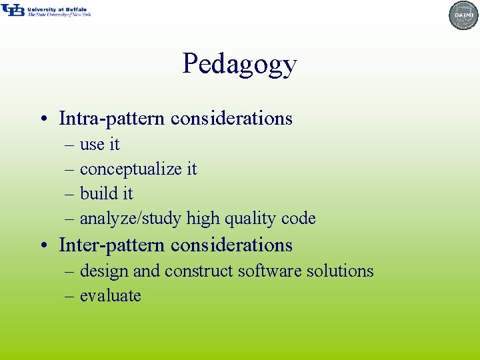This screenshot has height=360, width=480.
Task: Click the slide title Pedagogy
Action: [239, 65]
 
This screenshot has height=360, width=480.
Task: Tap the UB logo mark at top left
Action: [13, 10]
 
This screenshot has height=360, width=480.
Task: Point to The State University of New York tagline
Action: [59, 14]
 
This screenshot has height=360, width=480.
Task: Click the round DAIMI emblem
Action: [463, 15]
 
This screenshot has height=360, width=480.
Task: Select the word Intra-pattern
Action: [111, 119]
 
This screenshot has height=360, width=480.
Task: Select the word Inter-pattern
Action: [111, 245]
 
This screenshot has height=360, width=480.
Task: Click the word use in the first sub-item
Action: [93, 145]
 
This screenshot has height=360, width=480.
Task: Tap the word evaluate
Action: [110, 296]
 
